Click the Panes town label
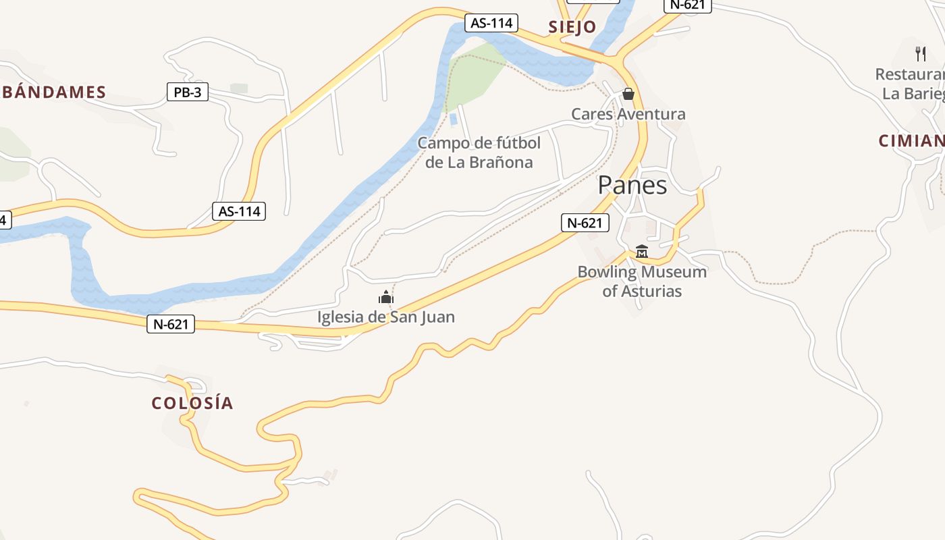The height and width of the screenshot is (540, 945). tap(632, 185)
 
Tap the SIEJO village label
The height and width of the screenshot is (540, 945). tap(572, 27)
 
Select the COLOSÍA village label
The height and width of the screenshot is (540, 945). tap(192, 403)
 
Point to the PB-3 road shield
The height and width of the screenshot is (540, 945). tap(188, 92)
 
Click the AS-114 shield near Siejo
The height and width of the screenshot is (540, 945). tap(491, 23)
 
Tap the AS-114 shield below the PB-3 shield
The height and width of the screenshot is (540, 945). tap(239, 211)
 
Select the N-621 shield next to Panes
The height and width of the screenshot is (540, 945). tap(585, 223)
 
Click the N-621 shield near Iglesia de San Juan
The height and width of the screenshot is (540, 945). tap(171, 325)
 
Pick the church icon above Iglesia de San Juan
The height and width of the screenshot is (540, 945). tap(385, 297)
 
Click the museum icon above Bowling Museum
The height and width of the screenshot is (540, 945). tap(641, 252)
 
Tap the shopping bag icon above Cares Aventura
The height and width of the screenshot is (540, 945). tap(628, 94)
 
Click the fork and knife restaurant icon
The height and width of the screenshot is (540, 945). tap(921, 53)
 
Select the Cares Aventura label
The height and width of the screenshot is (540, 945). tap(628, 114)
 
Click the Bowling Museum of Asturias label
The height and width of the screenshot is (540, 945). tap(642, 281)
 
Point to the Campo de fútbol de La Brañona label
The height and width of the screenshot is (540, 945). tap(479, 153)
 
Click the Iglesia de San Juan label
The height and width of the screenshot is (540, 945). tap(386, 317)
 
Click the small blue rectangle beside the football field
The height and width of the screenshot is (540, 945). tap(453, 119)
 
